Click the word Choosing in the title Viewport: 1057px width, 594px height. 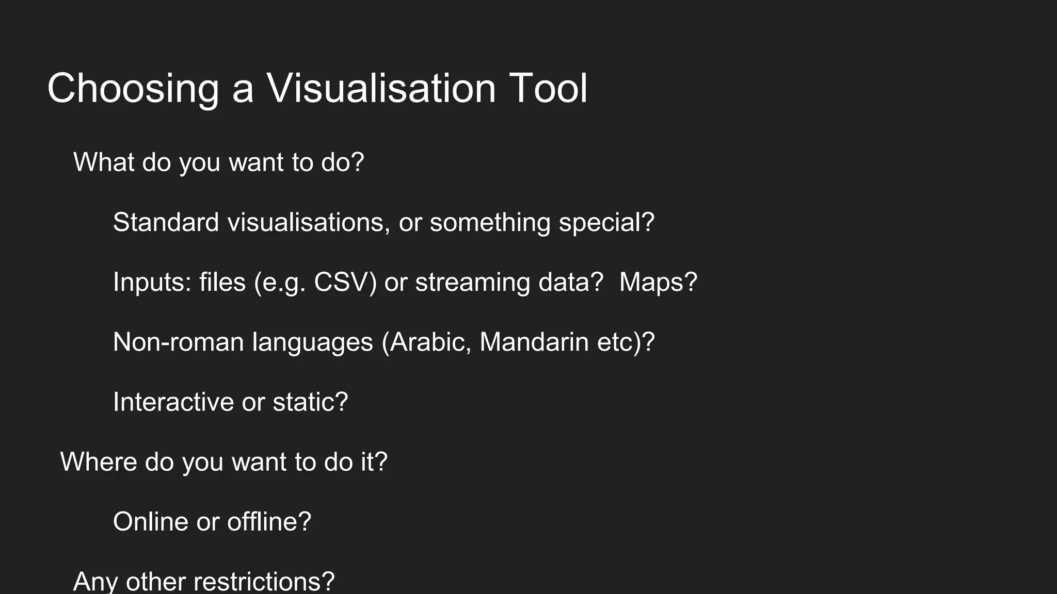pyautogui.click(x=133, y=89)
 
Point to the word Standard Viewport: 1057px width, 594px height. pyautogui.click(x=166, y=222)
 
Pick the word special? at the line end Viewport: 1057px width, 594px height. pyautogui.click(x=606, y=222)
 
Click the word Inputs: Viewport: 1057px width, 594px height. pyautogui.click(x=152, y=282)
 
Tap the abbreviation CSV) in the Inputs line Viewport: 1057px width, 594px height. pyautogui.click(x=345, y=282)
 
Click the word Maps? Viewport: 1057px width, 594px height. pyautogui.click(x=658, y=282)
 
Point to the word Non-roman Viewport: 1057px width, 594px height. pyautogui.click(x=178, y=342)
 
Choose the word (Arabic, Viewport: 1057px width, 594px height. pyautogui.click(x=426, y=342)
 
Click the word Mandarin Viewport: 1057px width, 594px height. pyautogui.click(x=534, y=342)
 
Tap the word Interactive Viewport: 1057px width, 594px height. pyautogui.click(x=173, y=402)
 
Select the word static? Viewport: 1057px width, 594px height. pyautogui.click(x=310, y=402)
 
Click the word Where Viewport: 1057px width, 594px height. pyautogui.click(x=99, y=461)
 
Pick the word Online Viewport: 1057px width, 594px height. pyautogui.click(x=150, y=521)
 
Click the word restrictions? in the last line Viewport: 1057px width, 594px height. pyautogui.click(x=264, y=581)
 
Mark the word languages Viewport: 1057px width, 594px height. pyautogui.click(x=312, y=343)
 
